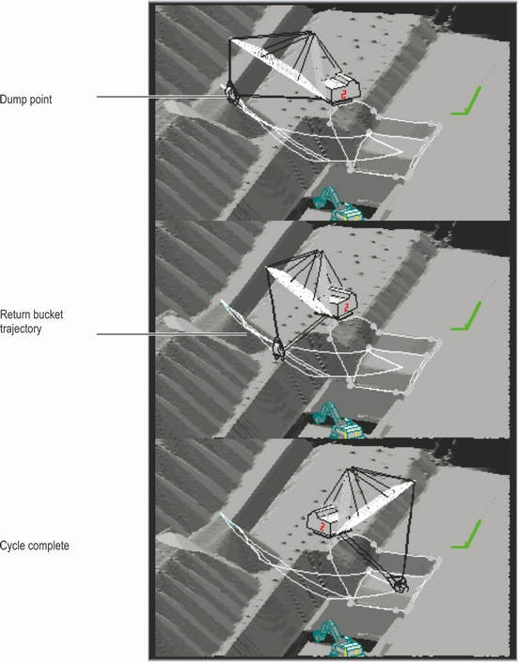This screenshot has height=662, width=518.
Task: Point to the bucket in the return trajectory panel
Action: tap(278, 351)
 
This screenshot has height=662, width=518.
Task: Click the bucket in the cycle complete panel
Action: tap(400, 584)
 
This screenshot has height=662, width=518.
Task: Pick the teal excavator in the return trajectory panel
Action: tap(337, 422)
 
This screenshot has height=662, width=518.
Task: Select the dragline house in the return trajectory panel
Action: tap(340, 306)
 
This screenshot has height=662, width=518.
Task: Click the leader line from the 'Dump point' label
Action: tap(160, 97)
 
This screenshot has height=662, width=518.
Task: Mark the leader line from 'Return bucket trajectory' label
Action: tap(169, 332)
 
